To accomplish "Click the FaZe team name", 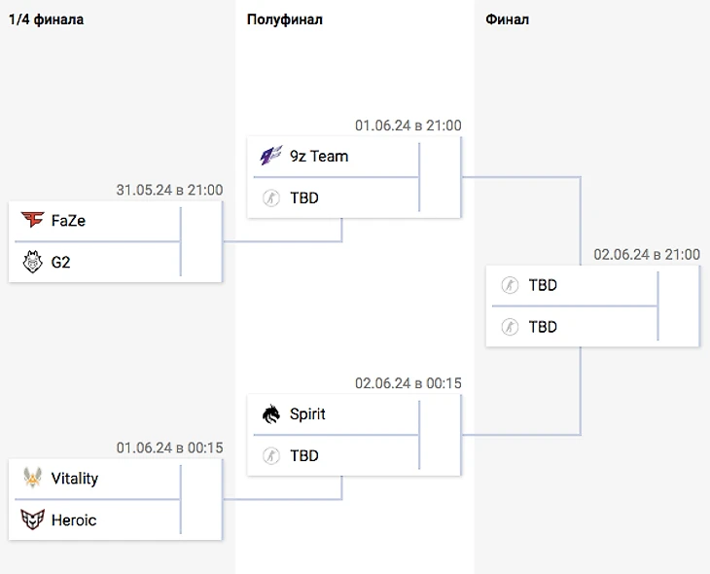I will click(x=68, y=221).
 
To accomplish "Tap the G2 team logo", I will click(x=32, y=262).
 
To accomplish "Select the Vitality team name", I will click(x=75, y=479).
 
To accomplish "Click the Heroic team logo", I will click(x=32, y=520).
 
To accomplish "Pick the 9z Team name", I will click(x=319, y=156).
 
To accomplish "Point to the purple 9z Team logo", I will click(x=271, y=156).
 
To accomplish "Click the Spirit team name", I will click(x=307, y=414).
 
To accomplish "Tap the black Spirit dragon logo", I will click(x=271, y=414).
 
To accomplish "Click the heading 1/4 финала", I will click(x=46, y=19).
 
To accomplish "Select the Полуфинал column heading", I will click(x=285, y=19).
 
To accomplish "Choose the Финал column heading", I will click(x=508, y=19).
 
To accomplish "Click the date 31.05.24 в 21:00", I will click(x=169, y=190).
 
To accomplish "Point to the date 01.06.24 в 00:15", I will click(x=169, y=448).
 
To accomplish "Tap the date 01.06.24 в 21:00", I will click(x=408, y=125).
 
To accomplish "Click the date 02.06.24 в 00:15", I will click(x=408, y=383).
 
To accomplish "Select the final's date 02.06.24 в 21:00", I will click(x=647, y=254).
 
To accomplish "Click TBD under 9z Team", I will click(x=304, y=197).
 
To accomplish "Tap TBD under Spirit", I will click(x=304, y=455).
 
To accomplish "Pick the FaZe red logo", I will click(x=32, y=221).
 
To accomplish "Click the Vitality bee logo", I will click(x=32, y=479).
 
